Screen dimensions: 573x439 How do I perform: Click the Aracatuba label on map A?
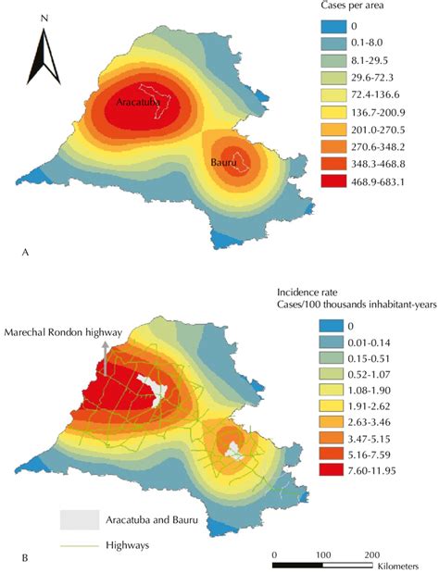click(139, 105)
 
